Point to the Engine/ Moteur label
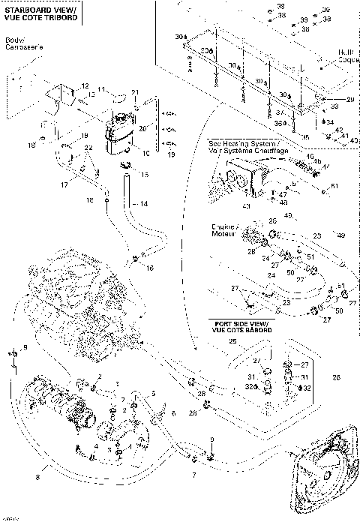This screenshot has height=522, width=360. (226, 230)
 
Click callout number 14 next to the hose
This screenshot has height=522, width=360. (145, 203)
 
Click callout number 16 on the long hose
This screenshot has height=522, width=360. (151, 268)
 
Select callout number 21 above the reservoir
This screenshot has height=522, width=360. (135, 91)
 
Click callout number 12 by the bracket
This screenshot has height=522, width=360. (85, 86)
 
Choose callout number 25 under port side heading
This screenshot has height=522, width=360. (232, 341)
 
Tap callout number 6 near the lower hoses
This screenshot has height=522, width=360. (173, 413)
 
